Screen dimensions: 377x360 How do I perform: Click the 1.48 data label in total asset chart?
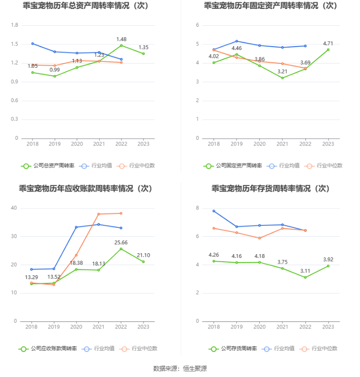(x=121, y=40)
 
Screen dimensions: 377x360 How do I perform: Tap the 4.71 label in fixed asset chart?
(x=328, y=44)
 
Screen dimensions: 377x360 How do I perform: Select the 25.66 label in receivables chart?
(x=121, y=243)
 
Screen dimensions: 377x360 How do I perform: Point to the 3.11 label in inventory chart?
(x=305, y=271)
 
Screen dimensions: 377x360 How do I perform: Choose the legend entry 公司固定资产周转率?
(x=233, y=166)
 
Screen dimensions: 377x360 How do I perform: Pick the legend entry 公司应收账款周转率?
(x=48, y=349)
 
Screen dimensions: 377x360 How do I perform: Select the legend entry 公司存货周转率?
(x=233, y=349)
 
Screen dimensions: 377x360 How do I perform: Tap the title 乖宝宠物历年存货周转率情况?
(x=270, y=189)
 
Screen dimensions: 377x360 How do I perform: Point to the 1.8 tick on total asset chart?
(x=15, y=25)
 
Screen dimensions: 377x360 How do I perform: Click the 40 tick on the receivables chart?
(x=14, y=208)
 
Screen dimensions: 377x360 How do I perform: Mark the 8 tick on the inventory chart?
(x=198, y=208)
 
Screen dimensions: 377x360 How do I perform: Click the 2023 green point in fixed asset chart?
(x=328, y=49)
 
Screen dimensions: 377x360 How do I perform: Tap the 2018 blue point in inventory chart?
(x=214, y=211)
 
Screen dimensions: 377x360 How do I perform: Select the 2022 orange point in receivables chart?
(x=121, y=213)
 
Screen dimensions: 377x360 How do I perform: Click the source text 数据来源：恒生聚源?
(x=180, y=369)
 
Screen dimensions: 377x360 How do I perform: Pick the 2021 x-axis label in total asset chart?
(x=99, y=144)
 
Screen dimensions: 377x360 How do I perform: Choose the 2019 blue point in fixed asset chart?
(x=237, y=41)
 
